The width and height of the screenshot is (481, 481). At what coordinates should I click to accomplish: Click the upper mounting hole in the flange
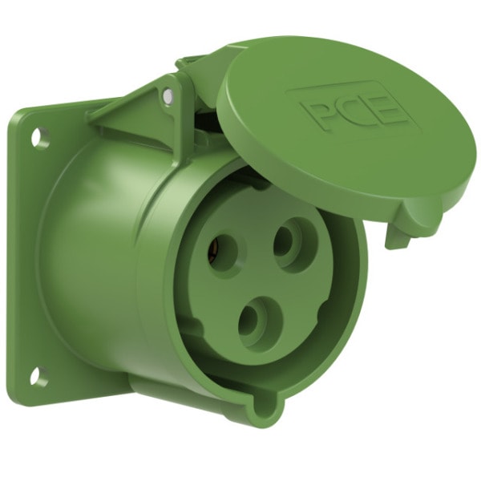pyautogui.click(x=39, y=137)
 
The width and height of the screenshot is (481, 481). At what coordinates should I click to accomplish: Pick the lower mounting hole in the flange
pyautogui.click(x=39, y=375)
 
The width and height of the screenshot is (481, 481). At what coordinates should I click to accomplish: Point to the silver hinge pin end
pyautogui.click(x=168, y=96)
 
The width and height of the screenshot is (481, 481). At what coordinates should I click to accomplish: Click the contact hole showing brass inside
pyautogui.click(x=222, y=253)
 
